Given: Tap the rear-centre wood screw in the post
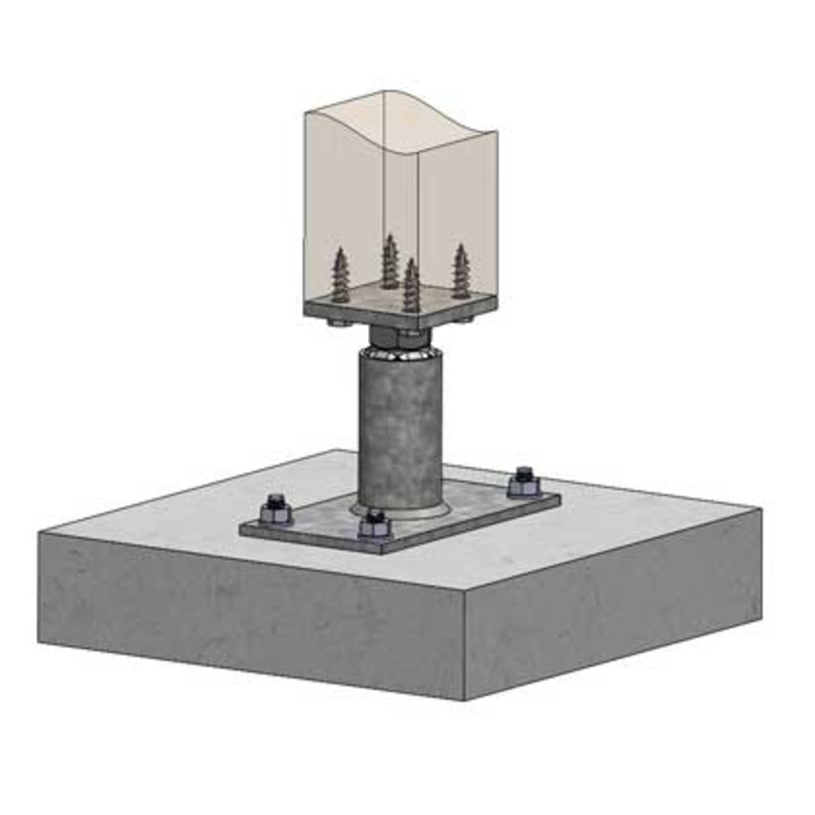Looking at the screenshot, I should [x=389, y=261].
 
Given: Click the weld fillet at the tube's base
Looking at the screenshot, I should [x=399, y=508].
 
